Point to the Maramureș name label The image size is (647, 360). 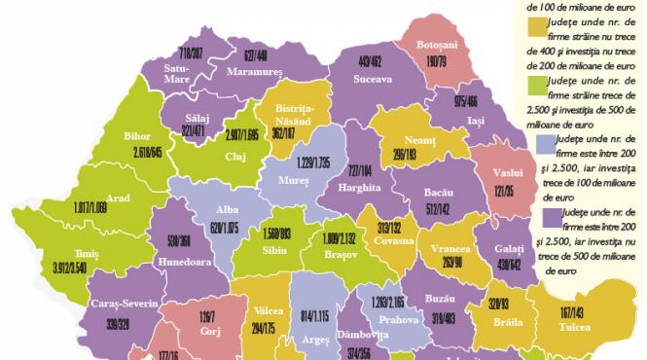click(257, 71)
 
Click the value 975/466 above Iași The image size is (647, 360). click(473, 101)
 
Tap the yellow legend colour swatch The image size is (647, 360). click(534, 22)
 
